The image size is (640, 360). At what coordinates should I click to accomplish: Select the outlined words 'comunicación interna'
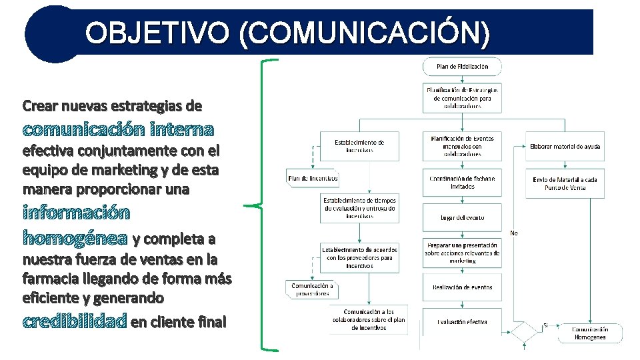118,128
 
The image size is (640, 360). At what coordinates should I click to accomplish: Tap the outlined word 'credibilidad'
75,323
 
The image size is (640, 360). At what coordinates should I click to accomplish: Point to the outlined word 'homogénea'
75,238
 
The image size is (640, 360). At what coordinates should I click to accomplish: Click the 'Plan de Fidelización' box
462,67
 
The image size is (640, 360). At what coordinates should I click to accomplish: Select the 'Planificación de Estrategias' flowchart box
462,97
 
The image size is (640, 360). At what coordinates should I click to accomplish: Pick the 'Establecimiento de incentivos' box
359,146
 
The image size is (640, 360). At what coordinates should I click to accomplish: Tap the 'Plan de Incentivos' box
313,178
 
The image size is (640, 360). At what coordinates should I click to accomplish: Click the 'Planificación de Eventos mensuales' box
462,146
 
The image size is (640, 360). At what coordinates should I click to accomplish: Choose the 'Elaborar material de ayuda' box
565,146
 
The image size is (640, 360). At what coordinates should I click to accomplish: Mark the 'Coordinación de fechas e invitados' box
462,183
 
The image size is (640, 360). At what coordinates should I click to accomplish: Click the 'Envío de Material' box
565,183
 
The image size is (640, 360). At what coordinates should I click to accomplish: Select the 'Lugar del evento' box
462,217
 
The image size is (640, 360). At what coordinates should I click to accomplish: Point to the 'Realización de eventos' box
462,287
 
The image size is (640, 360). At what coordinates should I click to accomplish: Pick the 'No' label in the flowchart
514,233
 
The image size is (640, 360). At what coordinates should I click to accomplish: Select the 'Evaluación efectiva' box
462,322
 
